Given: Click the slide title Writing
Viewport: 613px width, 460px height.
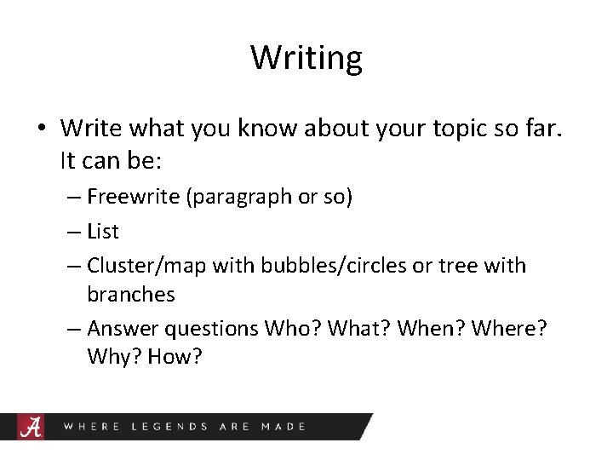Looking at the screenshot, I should click(x=306, y=58).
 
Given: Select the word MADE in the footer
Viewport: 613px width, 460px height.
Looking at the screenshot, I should click(x=284, y=426).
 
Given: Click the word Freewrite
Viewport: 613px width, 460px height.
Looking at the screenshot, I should click(x=128, y=197).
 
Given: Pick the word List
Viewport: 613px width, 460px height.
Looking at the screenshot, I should click(x=103, y=231).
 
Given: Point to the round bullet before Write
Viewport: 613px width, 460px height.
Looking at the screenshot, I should click(x=40, y=129).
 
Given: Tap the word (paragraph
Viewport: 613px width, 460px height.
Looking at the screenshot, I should click(x=233, y=198).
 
